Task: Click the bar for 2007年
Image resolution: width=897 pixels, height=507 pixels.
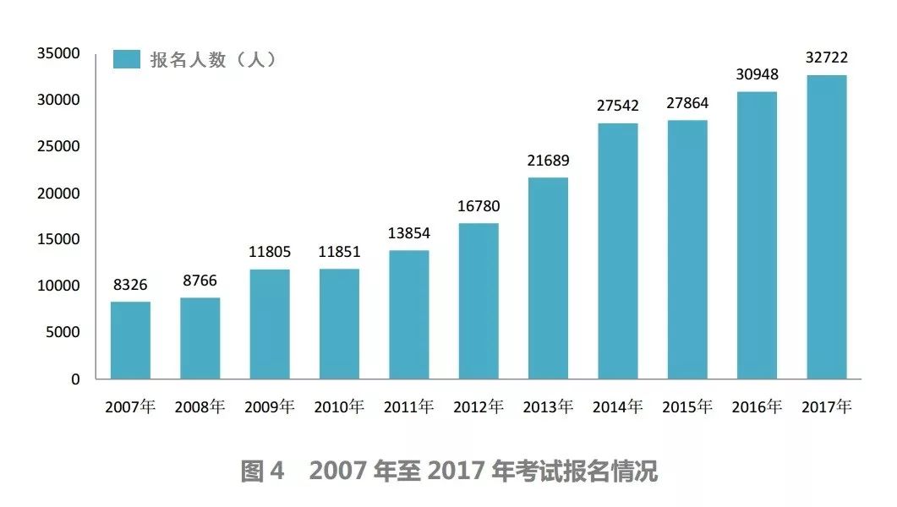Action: (130, 340)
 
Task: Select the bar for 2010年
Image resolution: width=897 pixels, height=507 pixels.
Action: (339, 324)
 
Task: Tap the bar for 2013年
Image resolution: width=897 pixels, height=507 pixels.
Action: (548, 278)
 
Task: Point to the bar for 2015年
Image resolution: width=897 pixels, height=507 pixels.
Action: (687, 249)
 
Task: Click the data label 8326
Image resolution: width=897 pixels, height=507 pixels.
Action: (130, 286)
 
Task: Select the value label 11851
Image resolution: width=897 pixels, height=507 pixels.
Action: (339, 253)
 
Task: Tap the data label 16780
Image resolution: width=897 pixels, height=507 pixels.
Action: (479, 207)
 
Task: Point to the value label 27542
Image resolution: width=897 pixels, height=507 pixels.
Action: (618, 106)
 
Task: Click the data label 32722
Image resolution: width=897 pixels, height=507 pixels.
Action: (826, 58)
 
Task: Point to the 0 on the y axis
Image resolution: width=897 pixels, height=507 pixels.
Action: (75, 379)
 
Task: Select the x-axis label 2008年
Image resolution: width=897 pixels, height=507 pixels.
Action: (200, 406)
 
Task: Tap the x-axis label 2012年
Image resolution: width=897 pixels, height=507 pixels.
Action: (479, 406)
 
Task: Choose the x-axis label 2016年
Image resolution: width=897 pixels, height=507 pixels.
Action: (757, 406)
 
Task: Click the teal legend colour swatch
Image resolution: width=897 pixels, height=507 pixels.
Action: (127, 59)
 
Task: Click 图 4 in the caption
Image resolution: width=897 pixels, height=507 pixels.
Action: (265, 472)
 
